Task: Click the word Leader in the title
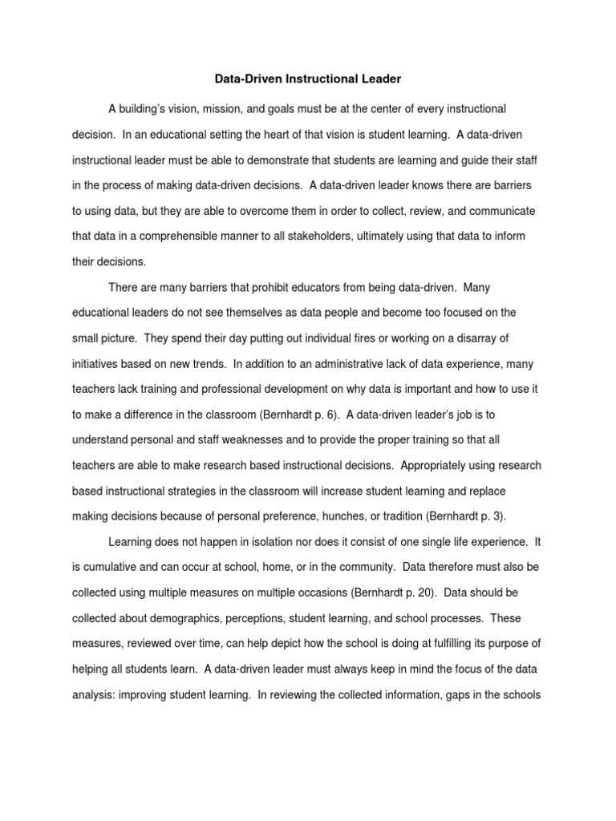coord(378,80)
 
